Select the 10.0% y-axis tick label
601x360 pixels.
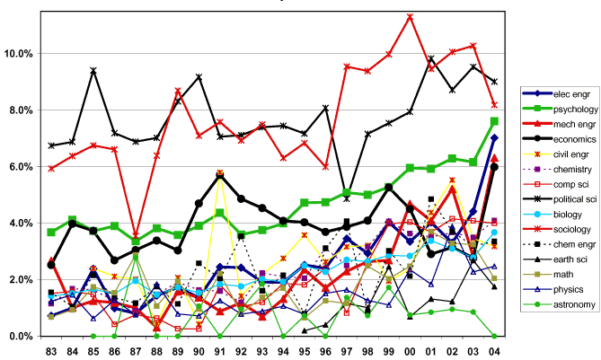coord(21,54)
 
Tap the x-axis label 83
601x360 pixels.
coord(50,348)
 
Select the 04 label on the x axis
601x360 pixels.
coord(494,348)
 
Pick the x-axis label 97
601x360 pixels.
coord(347,348)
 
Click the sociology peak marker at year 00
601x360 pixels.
coord(410,16)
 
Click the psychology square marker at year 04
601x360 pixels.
coord(495,121)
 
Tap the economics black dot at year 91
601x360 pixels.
coord(219,176)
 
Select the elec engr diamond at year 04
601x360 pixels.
coord(495,138)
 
